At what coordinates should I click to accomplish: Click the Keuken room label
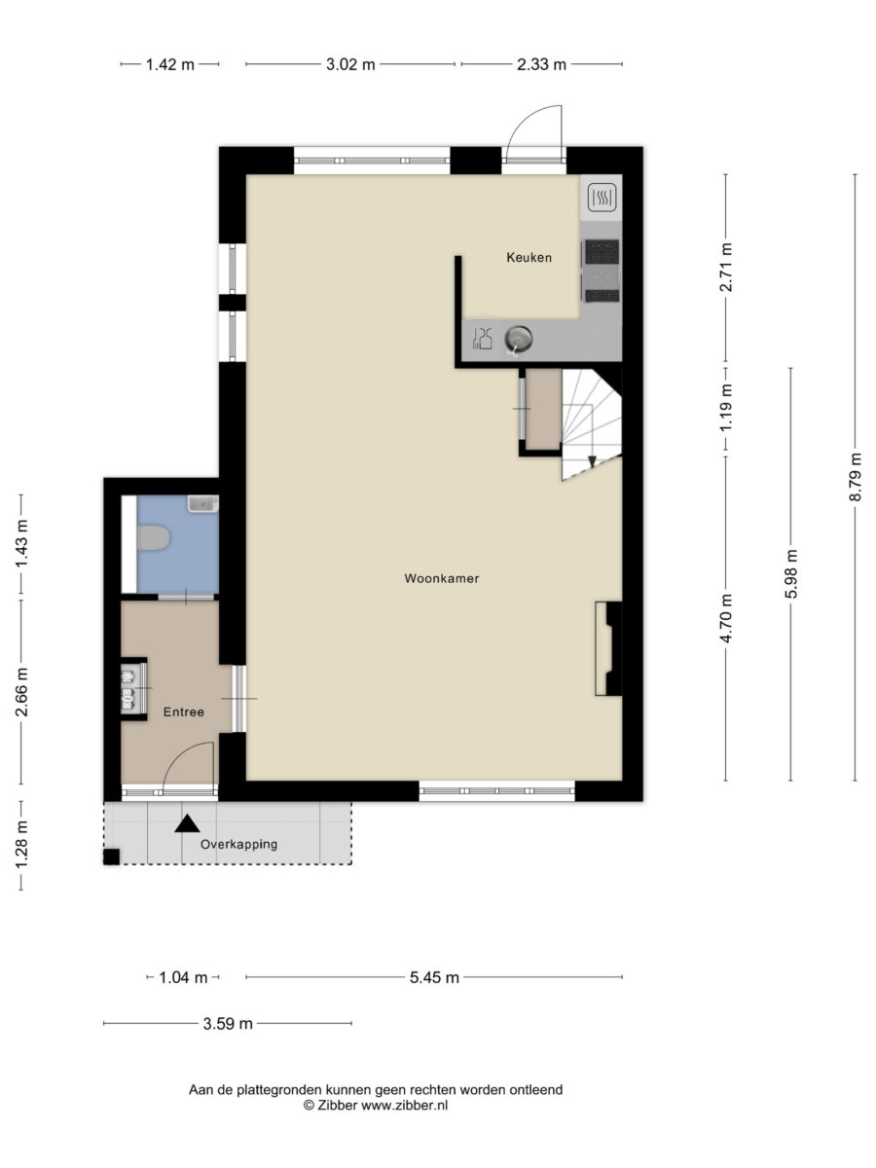529,258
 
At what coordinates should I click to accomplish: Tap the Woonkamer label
442,578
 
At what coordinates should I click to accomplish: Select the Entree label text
184,712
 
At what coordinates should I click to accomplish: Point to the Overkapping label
238,844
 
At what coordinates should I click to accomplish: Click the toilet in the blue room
153,537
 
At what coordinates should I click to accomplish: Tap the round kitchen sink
518,338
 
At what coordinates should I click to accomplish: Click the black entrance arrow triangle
187,823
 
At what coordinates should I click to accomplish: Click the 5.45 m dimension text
434,977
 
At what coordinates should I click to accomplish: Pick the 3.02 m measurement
350,65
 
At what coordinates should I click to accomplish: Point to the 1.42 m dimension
170,65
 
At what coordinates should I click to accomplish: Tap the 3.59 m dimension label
228,1023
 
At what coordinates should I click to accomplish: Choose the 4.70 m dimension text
726,618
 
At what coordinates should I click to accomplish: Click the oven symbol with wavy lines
602,197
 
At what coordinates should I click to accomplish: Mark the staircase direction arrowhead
592,461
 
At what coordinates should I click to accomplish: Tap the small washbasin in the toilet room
202,503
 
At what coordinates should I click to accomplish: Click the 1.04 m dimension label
184,977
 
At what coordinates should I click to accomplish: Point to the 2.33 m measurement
541,65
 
